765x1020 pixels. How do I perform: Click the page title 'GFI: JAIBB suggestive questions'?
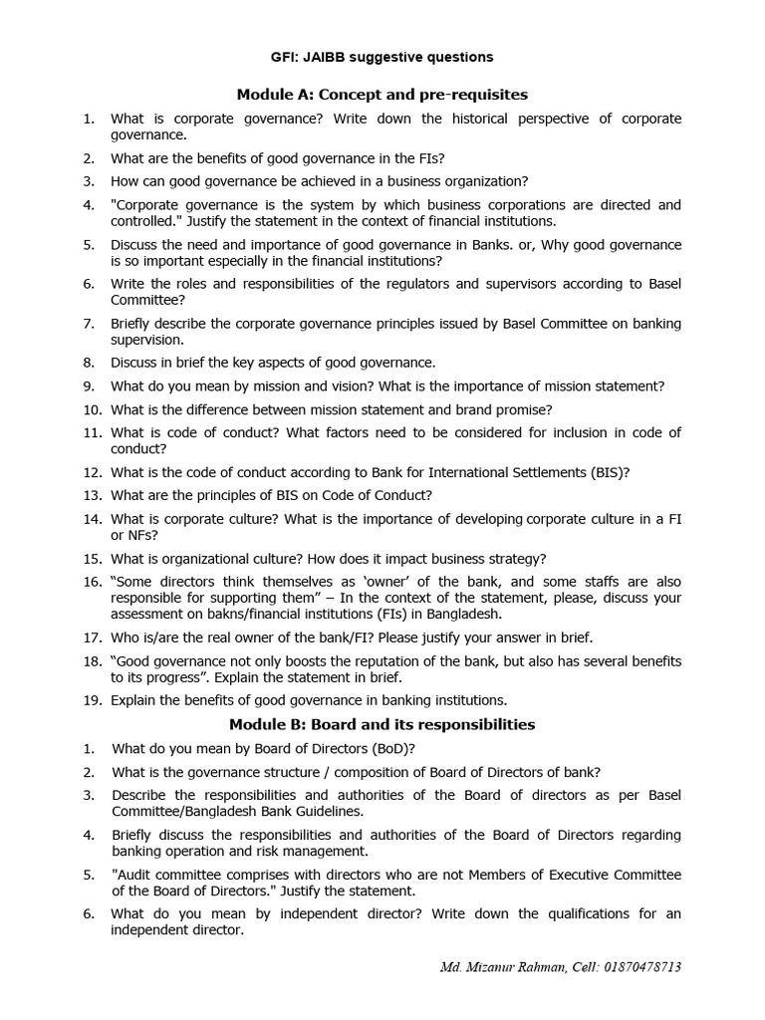click(x=382, y=57)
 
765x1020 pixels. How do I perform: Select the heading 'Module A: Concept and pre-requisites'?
click(x=382, y=94)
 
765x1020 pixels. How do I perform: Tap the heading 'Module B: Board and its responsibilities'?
click(x=382, y=723)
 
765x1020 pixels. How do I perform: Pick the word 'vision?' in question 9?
click(x=356, y=385)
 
